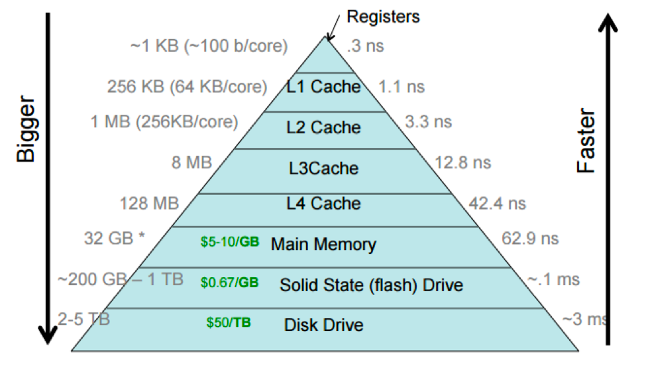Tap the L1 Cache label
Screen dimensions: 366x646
click(324, 87)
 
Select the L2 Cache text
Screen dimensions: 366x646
click(324, 127)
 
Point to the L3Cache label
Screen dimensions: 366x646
click(325, 168)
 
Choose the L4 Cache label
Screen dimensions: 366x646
click(324, 203)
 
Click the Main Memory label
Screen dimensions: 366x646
click(323, 244)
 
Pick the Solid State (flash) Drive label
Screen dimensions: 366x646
click(371, 285)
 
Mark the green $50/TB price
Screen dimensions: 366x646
click(229, 324)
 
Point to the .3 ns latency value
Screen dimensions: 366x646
click(365, 46)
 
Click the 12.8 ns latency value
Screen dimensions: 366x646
click(463, 162)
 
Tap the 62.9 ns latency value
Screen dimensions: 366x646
click(530, 238)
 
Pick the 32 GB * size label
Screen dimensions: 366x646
click(115, 238)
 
